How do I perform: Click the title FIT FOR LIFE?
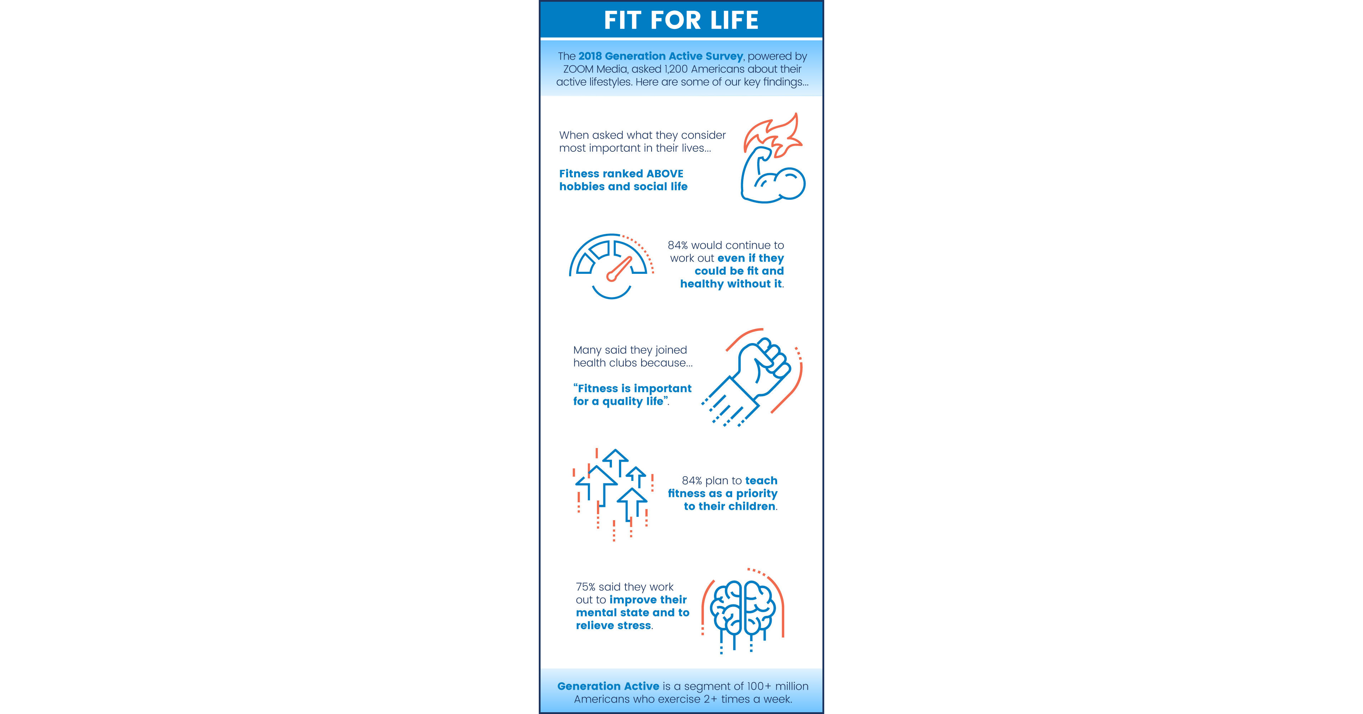coord(681,20)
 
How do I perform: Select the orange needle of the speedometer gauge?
coord(619,269)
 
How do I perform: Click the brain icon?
coord(744,609)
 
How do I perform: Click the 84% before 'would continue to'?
coord(678,245)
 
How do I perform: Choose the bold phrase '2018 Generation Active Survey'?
coord(660,56)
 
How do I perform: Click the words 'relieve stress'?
coord(613,625)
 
